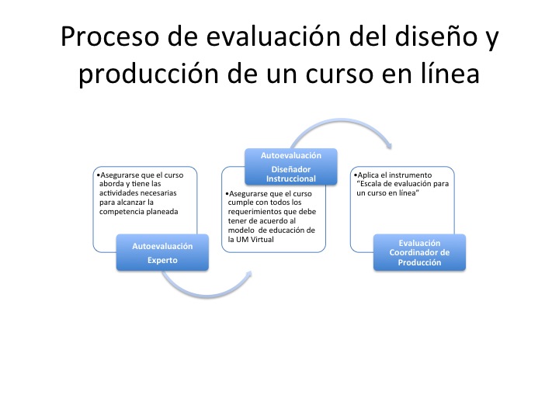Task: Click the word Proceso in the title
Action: coord(109,36)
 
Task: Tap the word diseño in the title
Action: coord(436,36)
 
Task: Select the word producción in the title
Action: coord(148,74)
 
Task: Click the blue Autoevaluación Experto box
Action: coord(162,252)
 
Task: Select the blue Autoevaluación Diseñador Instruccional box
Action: coord(291,166)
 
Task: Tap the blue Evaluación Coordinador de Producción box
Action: coord(419,252)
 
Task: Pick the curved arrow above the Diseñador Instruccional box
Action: coord(342,121)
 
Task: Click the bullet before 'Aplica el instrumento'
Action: coord(356,175)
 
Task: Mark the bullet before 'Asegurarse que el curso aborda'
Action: coord(99,175)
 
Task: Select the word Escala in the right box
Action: coord(371,184)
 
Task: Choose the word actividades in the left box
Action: coord(119,193)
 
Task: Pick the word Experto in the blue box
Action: coord(162,261)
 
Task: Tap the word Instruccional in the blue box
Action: coord(291,179)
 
